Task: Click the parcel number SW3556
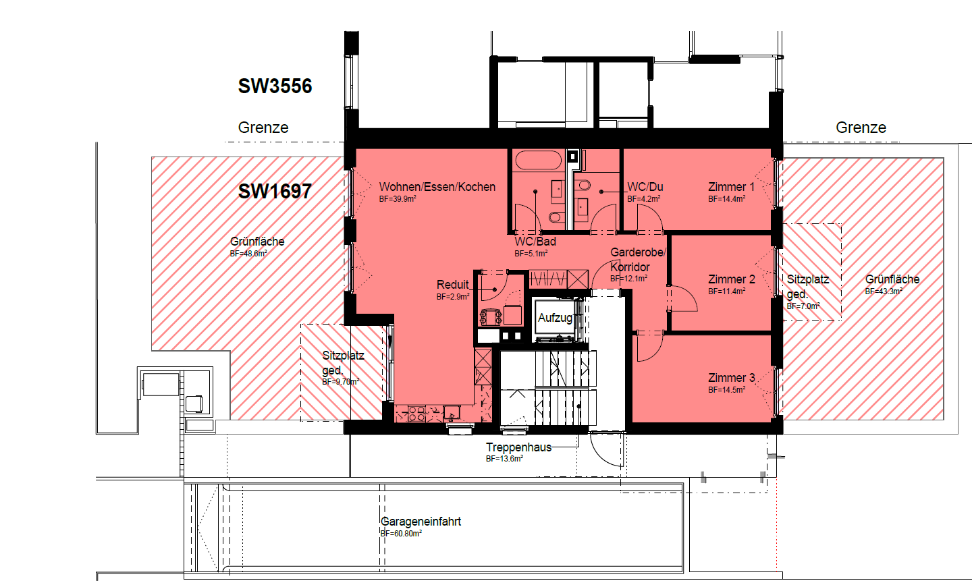click(275, 86)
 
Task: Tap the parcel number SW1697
click(275, 192)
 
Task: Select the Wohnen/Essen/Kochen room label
click(437, 187)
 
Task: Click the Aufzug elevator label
click(555, 318)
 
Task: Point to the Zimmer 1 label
click(731, 187)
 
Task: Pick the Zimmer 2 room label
click(732, 279)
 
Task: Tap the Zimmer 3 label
click(732, 378)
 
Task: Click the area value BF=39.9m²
click(398, 199)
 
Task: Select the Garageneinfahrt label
click(421, 522)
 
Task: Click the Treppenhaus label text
click(518, 447)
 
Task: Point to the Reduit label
click(452, 285)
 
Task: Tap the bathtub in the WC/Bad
click(538, 160)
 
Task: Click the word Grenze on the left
click(263, 128)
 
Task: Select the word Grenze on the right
click(861, 128)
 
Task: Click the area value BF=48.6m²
click(248, 254)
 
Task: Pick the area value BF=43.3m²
click(884, 291)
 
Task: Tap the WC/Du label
click(645, 187)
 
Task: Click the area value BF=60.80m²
click(401, 534)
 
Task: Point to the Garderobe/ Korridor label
click(638, 260)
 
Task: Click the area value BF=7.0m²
click(803, 306)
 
